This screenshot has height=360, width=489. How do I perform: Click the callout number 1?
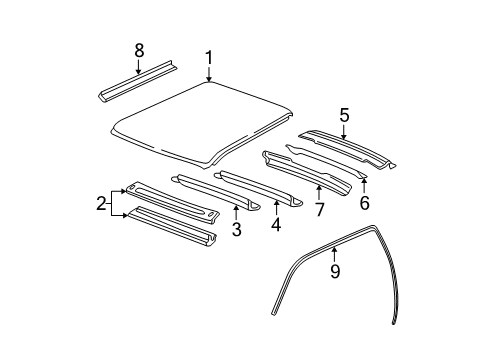tap(209, 58)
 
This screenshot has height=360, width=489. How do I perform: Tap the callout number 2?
tap(102, 204)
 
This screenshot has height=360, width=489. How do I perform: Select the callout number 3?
tap(235, 230)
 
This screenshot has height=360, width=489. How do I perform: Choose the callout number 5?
tap(343, 115)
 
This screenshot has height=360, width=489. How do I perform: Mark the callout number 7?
tap(320, 209)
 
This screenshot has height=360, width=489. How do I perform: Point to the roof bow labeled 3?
tap(215, 195)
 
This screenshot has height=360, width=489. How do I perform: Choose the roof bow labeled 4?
tap(260, 188)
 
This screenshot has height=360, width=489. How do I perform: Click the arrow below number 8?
tap(138, 66)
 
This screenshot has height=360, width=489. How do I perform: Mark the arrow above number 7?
tap(320, 190)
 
